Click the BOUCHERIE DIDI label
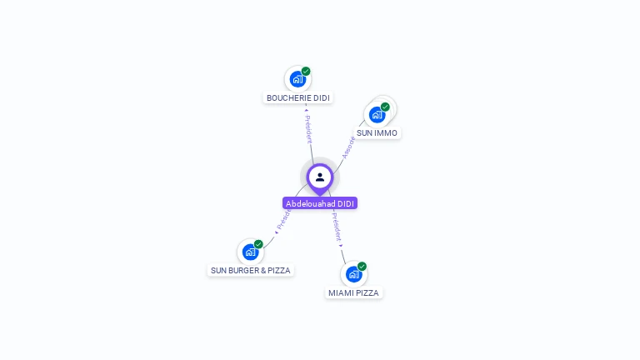297,98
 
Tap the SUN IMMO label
377,133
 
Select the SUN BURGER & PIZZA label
250,271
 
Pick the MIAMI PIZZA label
353,293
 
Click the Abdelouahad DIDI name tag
320,203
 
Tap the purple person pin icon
320,177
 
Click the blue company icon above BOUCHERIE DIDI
297,80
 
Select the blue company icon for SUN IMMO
377,115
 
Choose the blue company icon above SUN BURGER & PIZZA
249,252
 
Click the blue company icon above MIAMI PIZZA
353,274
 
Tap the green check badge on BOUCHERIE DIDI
306,72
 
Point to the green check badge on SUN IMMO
385,107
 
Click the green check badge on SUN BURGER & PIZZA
258,244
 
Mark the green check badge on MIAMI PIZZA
362,267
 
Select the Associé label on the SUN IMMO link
348,147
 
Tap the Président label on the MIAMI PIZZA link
337,227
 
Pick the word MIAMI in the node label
340,293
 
